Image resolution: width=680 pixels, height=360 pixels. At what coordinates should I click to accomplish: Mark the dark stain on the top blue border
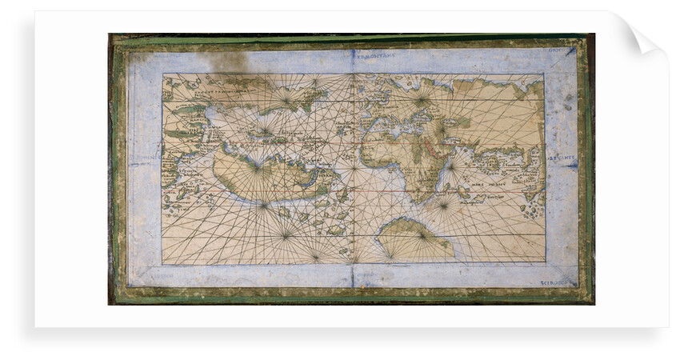(227, 61)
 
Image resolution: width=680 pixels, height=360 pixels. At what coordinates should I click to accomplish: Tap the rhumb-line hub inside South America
(257, 167)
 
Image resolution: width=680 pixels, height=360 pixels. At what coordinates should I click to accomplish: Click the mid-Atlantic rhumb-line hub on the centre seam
(353, 167)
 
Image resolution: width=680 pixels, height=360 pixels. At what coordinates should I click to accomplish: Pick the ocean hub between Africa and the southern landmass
(445, 203)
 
